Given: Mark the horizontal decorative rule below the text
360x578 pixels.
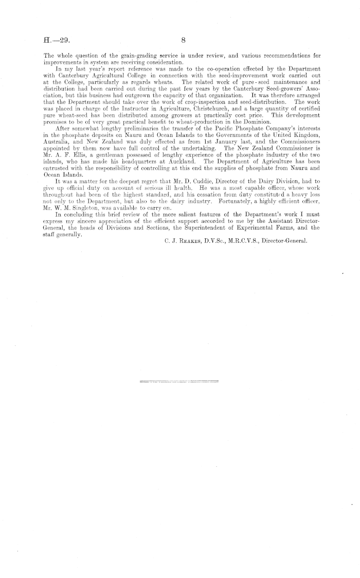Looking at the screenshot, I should [x=178, y=381].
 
